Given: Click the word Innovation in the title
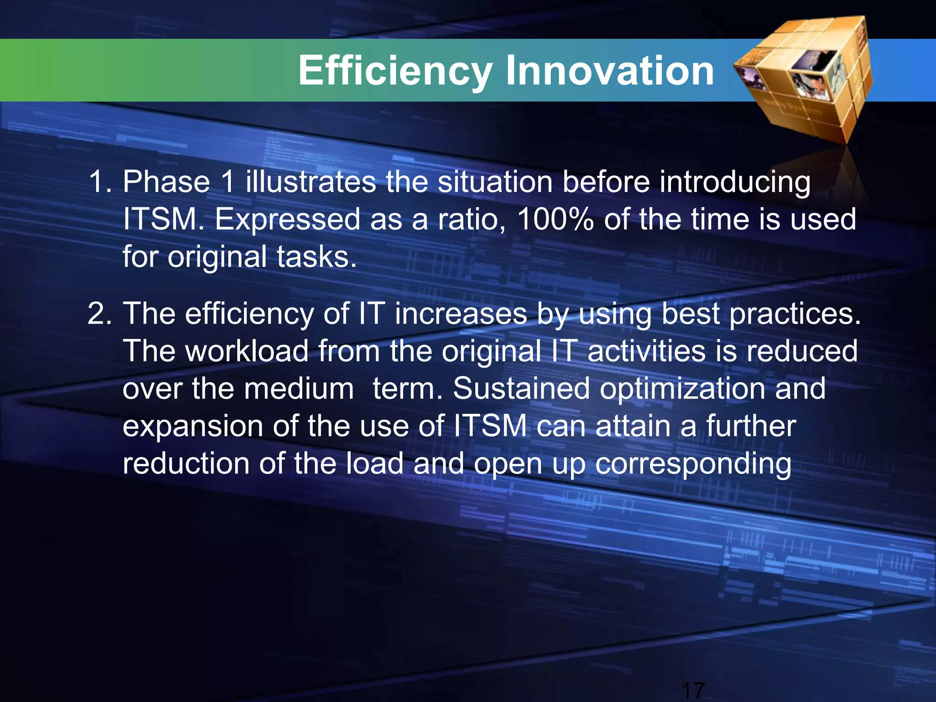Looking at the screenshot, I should [610, 71].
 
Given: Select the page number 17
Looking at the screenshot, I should [693, 690].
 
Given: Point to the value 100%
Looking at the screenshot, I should [555, 219].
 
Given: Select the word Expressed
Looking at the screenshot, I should [287, 219].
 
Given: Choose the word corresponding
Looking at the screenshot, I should [693, 464].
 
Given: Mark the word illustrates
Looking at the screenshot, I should [311, 182].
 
